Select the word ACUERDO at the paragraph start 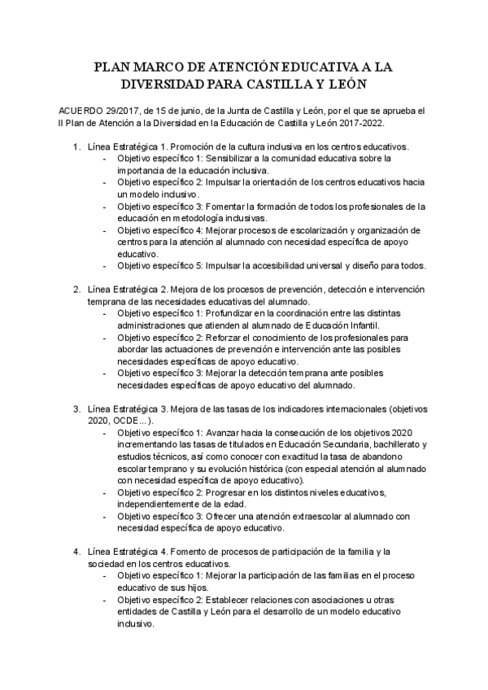pos(81,111)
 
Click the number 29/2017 pos(129,111)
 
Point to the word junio pos(193,111)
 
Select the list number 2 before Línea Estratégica pos(76,290)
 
